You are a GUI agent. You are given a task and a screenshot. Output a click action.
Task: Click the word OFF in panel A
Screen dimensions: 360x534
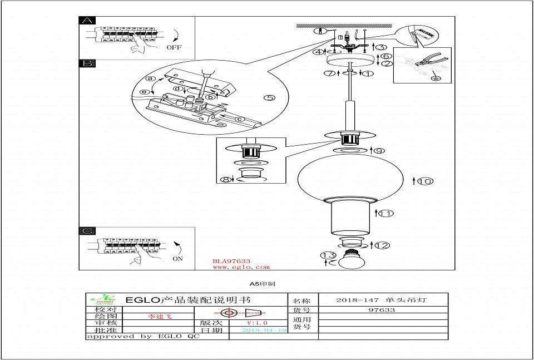point(174,48)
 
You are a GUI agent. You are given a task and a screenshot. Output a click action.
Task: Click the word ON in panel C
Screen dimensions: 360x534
point(178,259)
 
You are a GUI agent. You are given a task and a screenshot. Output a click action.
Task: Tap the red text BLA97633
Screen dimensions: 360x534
point(231,261)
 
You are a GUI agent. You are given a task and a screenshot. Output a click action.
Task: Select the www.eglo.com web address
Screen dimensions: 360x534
point(241,267)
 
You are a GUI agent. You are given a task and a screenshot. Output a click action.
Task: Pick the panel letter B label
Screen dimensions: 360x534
point(87,63)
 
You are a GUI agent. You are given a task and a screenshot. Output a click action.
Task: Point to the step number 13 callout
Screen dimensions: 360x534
point(328,255)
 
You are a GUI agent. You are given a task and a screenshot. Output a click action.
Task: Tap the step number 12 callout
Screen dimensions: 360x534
point(382,245)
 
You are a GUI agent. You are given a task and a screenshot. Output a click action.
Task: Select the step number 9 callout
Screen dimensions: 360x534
point(379,151)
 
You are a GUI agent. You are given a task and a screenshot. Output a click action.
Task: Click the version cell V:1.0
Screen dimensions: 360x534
point(257,323)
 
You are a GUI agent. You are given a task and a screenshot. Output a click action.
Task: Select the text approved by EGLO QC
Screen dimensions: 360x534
point(143,337)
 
